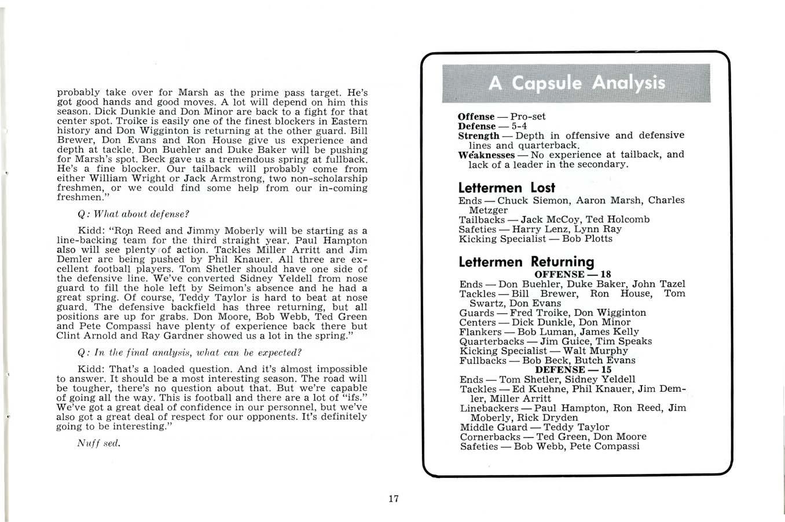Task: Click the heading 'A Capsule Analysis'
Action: (577, 83)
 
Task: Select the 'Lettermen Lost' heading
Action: (507, 188)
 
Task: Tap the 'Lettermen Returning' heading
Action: (526, 262)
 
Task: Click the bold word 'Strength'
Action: (479, 135)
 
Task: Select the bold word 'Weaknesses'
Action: (486, 155)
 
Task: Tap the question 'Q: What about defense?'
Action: (134, 213)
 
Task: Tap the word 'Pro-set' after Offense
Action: (528, 116)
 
